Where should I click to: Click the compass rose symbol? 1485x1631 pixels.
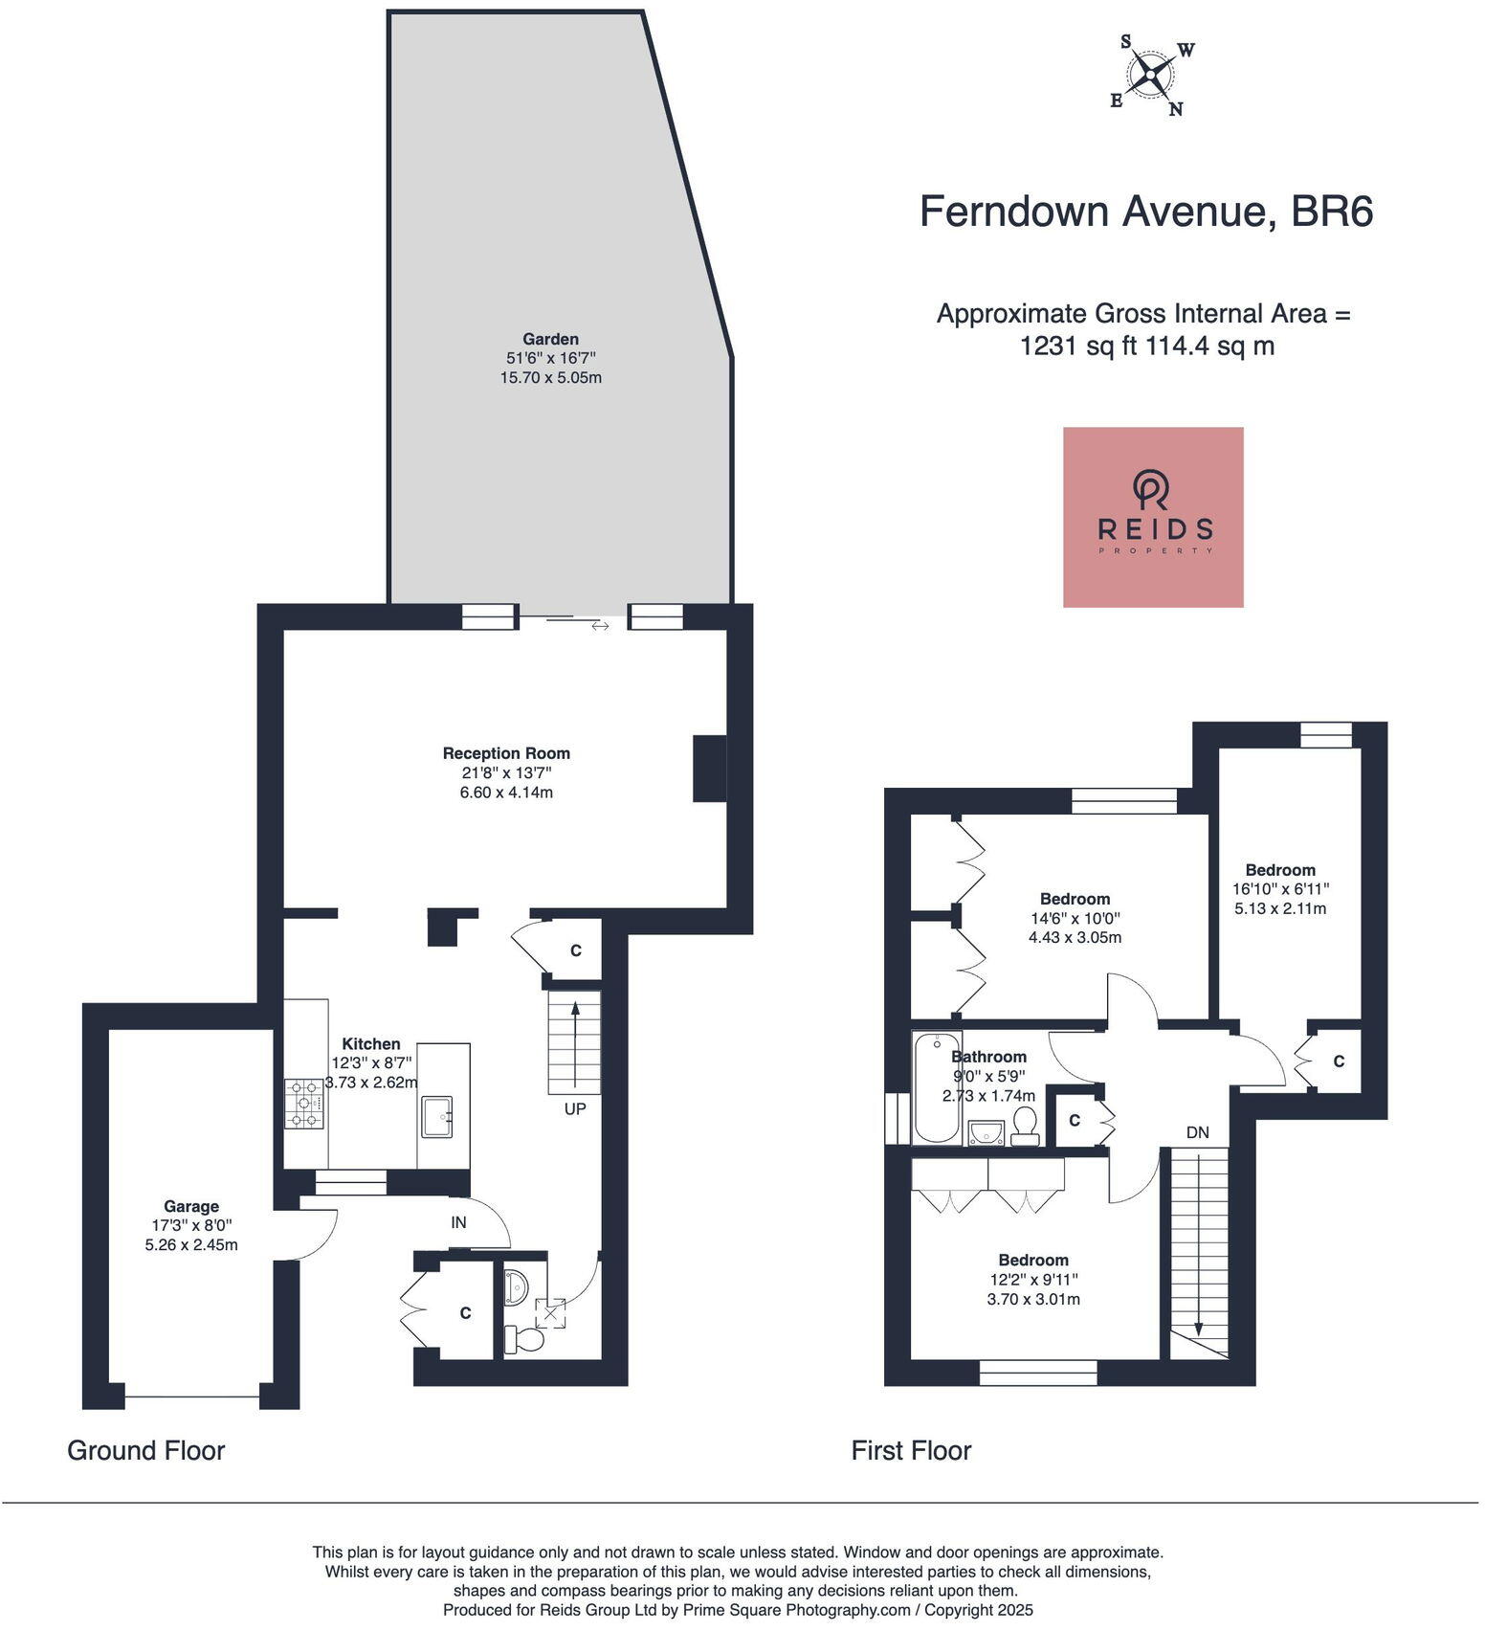coord(1151,74)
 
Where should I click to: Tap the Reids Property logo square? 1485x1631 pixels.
coord(1153,517)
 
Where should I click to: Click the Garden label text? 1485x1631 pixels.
coord(550,339)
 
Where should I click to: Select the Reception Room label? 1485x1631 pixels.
coord(506,753)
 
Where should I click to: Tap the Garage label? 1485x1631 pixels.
coord(190,1206)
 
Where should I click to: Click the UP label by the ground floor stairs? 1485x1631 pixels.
coord(575,1108)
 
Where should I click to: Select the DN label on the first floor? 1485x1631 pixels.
coord(1197,1132)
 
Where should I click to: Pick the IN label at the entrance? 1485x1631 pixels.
coord(459,1222)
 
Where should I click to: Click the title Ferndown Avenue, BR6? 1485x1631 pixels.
coord(1145,212)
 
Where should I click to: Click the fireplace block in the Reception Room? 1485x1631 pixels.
coord(709,768)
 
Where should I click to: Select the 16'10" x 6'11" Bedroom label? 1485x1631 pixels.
coord(1280,870)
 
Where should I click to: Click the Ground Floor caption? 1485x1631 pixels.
coord(145,1450)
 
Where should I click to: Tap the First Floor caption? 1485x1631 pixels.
coord(911,1450)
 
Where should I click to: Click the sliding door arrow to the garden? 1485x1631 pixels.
coord(600,626)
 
